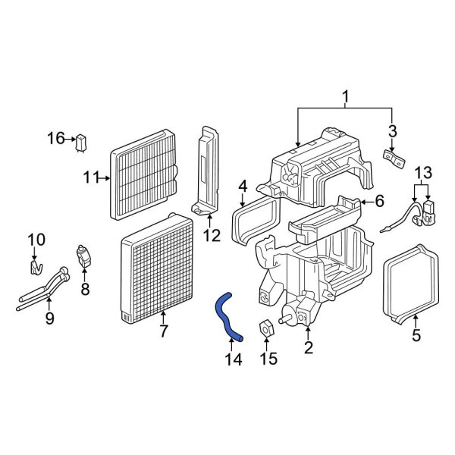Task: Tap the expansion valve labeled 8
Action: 84,256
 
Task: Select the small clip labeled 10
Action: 35,268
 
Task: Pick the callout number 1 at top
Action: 346,97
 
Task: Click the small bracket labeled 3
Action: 395,158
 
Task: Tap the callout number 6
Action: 379,201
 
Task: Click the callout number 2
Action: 308,348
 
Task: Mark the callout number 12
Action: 212,235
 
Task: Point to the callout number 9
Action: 49,318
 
